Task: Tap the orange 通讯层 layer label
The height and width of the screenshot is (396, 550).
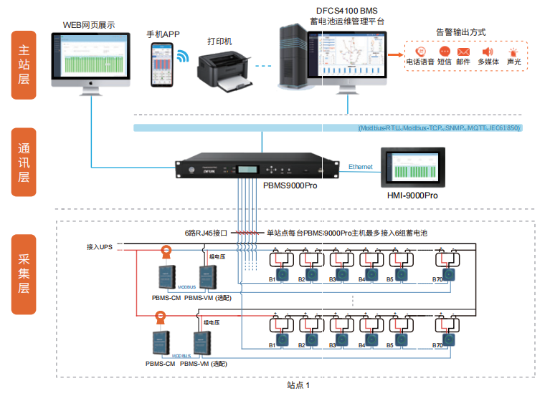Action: [x=24, y=162]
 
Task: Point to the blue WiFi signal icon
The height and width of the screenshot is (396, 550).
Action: [x=181, y=57]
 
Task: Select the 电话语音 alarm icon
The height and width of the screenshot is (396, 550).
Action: [x=419, y=52]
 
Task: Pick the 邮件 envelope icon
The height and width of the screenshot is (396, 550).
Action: [x=463, y=52]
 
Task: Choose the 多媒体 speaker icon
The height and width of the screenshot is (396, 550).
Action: [x=488, y=52]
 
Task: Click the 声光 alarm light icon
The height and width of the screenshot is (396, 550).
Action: [x=513, y=52]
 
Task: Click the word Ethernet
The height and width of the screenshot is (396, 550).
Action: [x=360, y=167]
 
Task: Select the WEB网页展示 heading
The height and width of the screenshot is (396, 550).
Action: [x=88, y=24]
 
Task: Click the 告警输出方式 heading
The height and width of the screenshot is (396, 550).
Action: [x=460, y=32]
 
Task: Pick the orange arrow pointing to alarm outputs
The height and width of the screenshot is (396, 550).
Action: [x=393, y=53]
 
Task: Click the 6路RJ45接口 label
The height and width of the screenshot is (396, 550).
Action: [x=206, y=233]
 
